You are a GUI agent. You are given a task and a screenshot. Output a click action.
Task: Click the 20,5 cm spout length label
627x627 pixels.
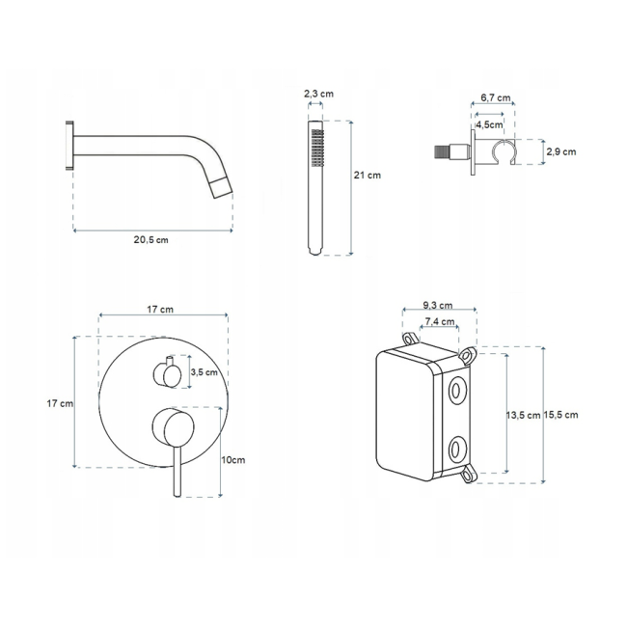(150, 240)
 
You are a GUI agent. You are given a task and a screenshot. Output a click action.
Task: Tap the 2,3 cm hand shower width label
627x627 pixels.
(318, 94)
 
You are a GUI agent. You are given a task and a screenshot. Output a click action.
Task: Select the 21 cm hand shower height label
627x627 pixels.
(368, 176)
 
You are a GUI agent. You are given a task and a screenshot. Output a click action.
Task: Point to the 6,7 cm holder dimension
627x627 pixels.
(496, 97)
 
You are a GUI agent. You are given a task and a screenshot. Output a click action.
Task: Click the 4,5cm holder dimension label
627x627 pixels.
(489, 124)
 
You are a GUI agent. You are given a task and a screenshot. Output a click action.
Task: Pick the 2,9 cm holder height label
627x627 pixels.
(561, 152)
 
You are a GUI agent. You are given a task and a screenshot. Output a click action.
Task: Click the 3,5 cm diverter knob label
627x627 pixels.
(204, 372)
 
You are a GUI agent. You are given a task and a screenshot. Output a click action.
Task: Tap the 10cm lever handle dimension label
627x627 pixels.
(233, 460)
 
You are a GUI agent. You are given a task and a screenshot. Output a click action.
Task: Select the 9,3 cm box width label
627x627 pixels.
(438, 306)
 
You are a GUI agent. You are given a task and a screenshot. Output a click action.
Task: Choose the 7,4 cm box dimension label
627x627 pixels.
(440, 321)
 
